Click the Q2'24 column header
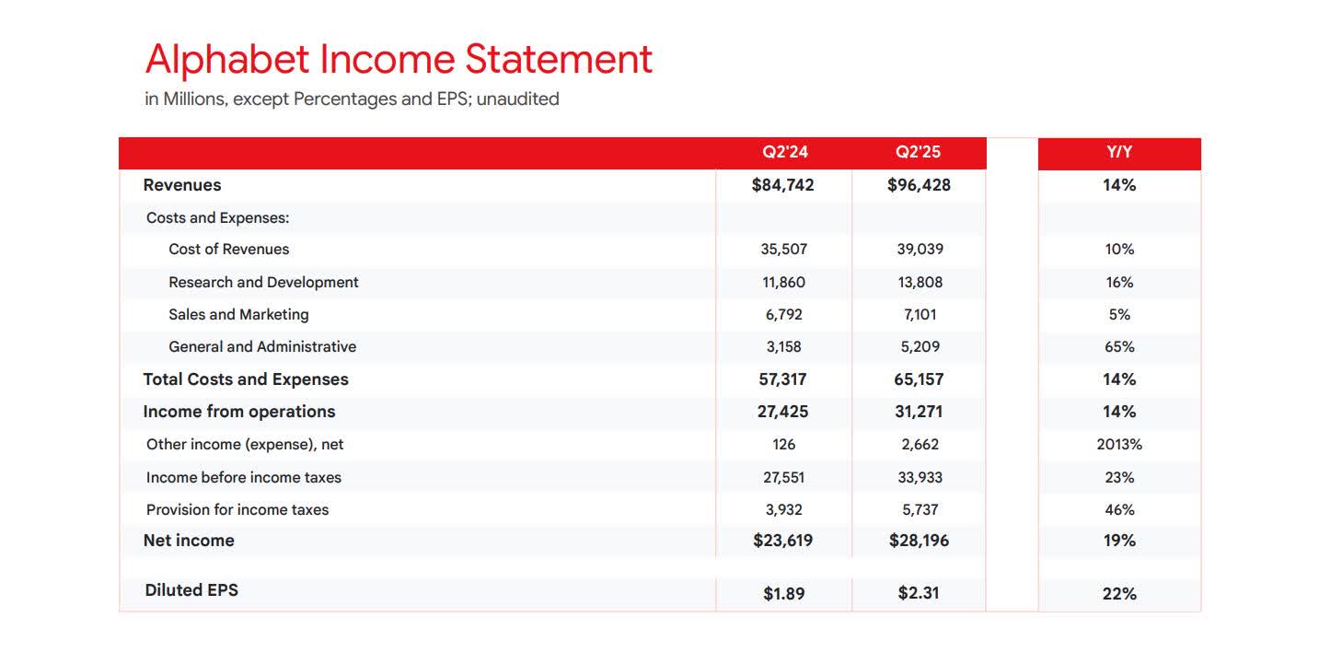click(x=784, y=152)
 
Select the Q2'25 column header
click(x=918, y=152)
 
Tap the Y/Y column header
click(x=1119, y=152)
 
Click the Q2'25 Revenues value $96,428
click(x=919, y=185)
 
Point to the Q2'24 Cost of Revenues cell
click(x=784, y=250)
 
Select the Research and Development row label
click(x=263, y=283)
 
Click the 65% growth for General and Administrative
click(x=1120, y=347)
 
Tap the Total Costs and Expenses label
click(x=246, y=379)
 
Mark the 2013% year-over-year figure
click(x=1119, y=445)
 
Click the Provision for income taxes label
click(x=237, y=510)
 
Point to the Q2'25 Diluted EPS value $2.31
click(x=919, y=594)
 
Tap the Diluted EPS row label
click(x=191, y=590)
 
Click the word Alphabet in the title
click(x=227, y=60)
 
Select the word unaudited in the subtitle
click(x=517, y=99)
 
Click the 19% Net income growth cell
click(x=1119, y=541)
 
